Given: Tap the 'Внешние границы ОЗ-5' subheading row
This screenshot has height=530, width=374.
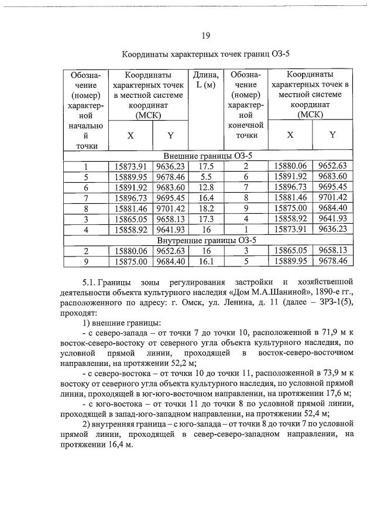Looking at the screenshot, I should [208, 156].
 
